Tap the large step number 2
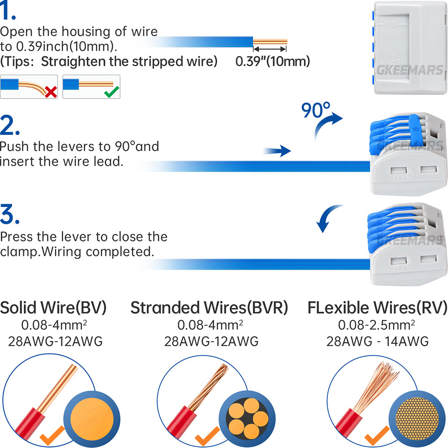[10, 125]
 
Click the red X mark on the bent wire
[51, 92]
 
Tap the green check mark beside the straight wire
[112, 91]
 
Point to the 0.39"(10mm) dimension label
[272, 61]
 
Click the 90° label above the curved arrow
[316, 110]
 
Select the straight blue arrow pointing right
[276, 151]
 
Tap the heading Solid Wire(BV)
[53, 308]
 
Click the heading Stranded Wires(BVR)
[209, 308]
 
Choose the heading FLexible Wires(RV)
[377, 308]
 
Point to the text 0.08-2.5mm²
[376, 325]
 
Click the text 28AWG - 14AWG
[377, 341]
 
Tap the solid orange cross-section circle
[92, 419]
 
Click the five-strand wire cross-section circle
[247, 419]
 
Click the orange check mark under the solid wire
[52, 435]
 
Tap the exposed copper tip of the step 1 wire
[270, 42]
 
